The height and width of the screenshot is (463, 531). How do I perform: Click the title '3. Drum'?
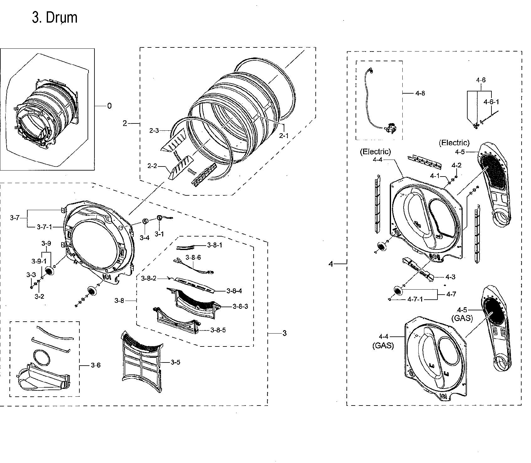55,18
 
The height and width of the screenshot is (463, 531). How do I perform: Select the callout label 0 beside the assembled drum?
109,106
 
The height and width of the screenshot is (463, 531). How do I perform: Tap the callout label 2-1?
284,136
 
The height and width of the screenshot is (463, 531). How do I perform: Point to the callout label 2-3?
154,131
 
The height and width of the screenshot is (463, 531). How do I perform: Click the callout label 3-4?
144,238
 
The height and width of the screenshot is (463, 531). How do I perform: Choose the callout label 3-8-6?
193,258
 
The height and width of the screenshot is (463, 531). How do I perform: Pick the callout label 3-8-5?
218,330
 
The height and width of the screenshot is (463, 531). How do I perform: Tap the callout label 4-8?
420,93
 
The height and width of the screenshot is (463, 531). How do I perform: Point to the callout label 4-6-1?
491,102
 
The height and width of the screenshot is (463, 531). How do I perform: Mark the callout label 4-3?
450,277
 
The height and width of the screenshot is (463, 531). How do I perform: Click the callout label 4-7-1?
415,299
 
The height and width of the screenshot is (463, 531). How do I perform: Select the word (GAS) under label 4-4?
383,346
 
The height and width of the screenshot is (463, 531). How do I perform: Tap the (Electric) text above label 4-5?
454,143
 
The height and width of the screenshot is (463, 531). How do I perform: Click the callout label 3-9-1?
39,261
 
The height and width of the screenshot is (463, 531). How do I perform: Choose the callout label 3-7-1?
45,227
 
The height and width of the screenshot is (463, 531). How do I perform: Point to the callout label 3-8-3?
240,306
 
